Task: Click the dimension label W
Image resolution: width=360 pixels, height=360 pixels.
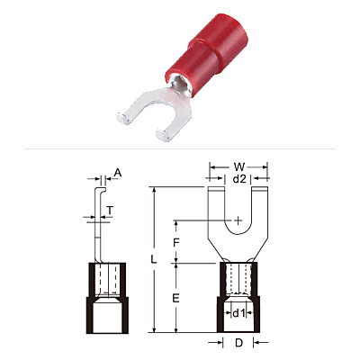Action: pos(239,166)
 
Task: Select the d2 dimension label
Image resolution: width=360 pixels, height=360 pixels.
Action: pos(239,179)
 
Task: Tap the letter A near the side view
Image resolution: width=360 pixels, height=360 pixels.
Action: pos(118,173)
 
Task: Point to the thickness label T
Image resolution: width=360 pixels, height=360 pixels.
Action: pos(110,211)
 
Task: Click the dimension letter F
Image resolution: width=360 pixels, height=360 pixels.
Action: pos(176,242)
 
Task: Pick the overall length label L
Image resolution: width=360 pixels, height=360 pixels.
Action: pos(154,259)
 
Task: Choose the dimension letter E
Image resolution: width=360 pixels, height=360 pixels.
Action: pos(175,298)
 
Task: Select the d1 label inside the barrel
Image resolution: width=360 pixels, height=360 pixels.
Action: pos(238,313)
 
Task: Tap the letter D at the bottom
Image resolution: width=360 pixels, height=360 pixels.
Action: pos(238,343)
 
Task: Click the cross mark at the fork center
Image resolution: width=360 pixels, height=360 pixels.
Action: pos(238,221)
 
